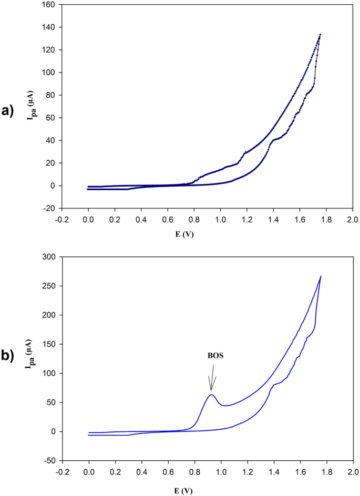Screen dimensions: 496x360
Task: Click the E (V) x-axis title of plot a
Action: click(207, 234)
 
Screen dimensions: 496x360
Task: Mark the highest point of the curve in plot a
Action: click(320, 34)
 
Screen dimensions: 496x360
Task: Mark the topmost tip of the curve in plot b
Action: click(321, 276)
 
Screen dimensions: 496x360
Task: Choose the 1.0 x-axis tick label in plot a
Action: click(220, 218)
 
